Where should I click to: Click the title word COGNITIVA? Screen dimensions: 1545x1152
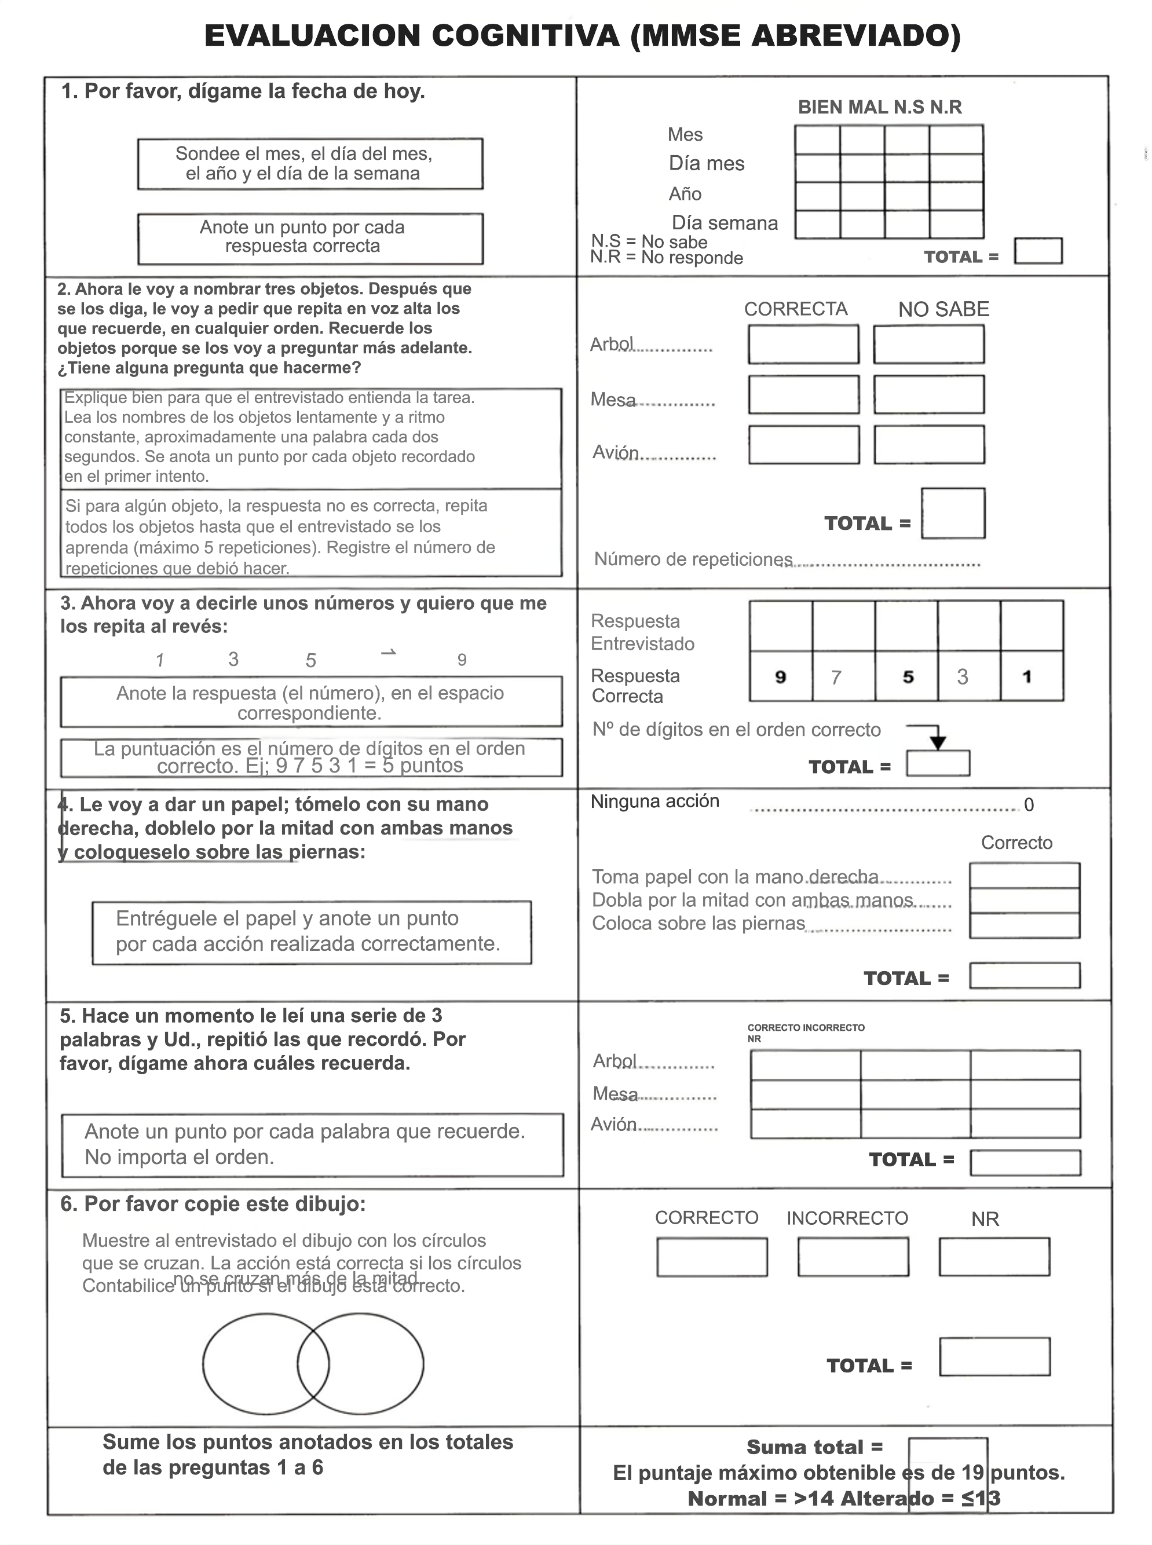525,35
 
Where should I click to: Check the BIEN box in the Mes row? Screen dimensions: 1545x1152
817,140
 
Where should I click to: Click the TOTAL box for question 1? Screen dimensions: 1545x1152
1038,251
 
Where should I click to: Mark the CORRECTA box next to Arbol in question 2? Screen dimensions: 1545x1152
803,345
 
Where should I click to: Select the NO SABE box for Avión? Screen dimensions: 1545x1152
929,445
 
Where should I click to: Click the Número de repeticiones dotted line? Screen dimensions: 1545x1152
886,563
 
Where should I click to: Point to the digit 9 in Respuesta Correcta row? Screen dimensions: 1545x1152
780,677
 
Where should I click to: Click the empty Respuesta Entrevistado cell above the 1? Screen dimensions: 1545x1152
1032,626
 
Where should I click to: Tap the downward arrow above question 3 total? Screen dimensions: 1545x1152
938,741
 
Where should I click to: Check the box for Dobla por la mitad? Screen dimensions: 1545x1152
1025,900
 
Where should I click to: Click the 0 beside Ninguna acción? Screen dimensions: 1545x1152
1029,806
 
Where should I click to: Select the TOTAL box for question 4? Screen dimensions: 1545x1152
1025,975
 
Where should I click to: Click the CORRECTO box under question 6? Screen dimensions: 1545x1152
712,1257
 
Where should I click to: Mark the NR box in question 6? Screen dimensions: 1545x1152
994,1257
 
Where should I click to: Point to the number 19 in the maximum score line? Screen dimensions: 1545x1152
972,1473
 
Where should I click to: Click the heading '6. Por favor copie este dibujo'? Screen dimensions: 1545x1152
213,1204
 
